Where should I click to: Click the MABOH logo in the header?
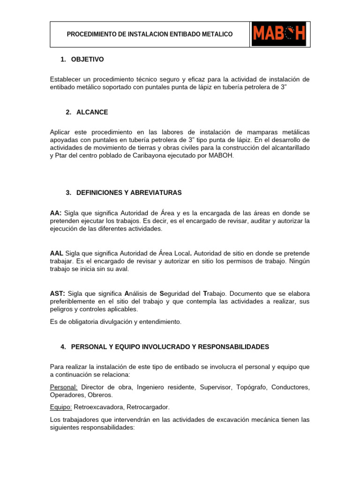coord(279,34)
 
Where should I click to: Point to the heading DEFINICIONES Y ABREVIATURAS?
coord(126,193)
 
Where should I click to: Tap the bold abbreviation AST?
coord(57,293)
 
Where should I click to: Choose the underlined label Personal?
coord(64,387)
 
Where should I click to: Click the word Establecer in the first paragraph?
coord(67,79)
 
